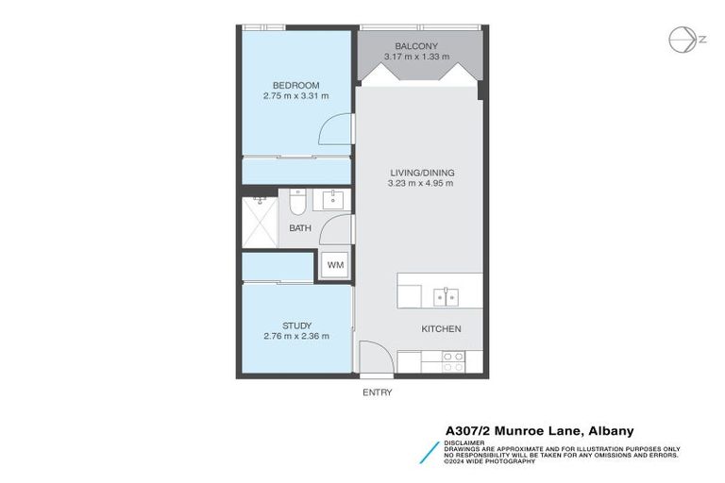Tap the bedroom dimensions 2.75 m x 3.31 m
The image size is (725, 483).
[x=295, y=96]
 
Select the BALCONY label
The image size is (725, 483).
[x=416, y=45]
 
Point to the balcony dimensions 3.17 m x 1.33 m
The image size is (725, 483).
[x=416, y=57]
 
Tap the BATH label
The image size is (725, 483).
[x=300, y=228]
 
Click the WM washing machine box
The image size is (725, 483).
[x=335, y=265]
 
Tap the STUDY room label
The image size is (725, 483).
[x=296, y=325]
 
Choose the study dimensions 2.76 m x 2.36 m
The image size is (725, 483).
[x=296, y=337]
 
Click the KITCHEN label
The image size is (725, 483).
[x=441, y=329]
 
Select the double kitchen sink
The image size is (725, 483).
[x=446, y=297]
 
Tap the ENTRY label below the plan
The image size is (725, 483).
[x=377, y=392]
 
